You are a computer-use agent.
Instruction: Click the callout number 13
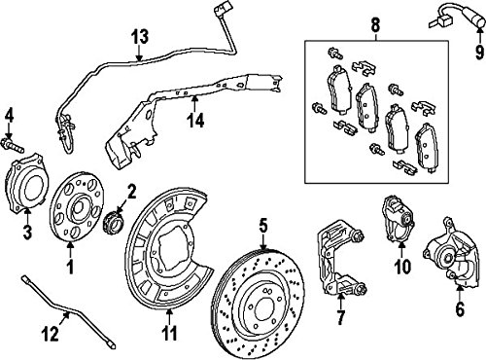140,37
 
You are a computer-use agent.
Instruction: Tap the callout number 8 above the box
375,25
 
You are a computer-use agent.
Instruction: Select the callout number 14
195,121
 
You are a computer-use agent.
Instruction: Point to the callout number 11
169,333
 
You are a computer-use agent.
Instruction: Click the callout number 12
51,334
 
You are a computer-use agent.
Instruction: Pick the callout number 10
402,267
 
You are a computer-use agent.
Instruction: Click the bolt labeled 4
13,146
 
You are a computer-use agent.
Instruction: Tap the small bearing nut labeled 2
113,223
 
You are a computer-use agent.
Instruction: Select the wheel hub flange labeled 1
78,206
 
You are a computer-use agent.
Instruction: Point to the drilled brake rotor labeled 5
259,305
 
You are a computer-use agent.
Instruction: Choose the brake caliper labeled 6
451,253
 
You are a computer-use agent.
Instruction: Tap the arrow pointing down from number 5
263,242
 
